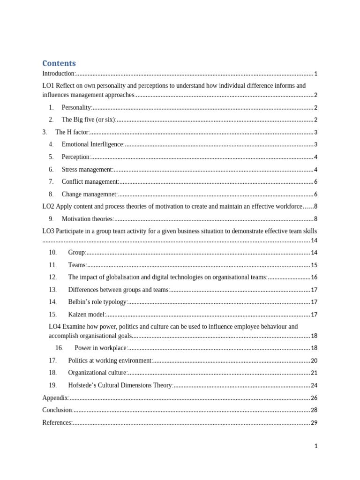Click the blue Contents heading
pos(59,63)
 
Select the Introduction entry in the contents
pos(59,74)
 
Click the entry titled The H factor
pos(72,132)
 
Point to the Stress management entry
pos(87,169)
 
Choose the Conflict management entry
pos(90,181)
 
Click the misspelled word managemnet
pos(100,194)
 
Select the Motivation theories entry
pos(88,218)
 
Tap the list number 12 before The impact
pos(52,277)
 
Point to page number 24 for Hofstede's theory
pos(314,385)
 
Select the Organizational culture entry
pos(97,373)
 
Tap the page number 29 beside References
pos(314,422)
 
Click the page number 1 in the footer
pos(316,446)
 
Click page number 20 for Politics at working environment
pos(314,360)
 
